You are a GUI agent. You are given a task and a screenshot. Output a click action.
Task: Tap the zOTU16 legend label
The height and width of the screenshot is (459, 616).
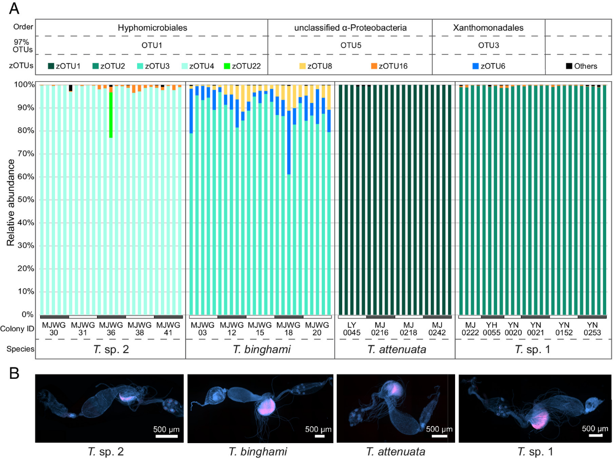coord(393,66)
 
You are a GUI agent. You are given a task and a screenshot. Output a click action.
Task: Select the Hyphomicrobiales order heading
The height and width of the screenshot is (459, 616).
coord(153,28)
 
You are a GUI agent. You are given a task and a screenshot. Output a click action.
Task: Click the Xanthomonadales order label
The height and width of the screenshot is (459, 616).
coord(488,28)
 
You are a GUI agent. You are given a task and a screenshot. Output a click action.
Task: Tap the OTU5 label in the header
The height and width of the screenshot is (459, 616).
coord(350,45)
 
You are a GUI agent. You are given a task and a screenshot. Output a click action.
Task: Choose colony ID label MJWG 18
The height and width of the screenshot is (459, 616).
coord(289,328)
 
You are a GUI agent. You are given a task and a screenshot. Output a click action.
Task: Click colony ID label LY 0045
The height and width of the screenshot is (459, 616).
coord(352,328)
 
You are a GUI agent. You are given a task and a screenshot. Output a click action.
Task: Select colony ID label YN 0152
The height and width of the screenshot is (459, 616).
coord(564,328)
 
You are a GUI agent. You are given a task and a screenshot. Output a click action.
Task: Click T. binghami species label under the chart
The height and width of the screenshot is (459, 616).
coord(259,349)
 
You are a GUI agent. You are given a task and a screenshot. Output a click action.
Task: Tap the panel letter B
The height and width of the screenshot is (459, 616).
coord(14,373)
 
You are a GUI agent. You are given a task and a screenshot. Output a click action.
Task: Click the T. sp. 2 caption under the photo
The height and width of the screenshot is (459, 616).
coord(108,452)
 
